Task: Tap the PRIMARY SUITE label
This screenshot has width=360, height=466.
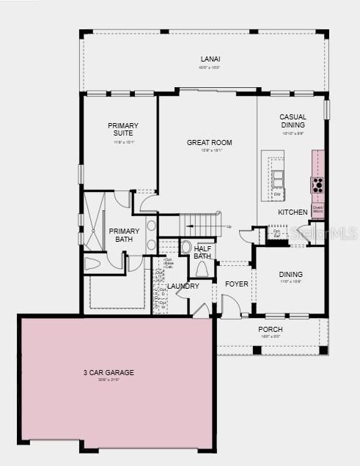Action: pyautogui.click(x=122, y=130)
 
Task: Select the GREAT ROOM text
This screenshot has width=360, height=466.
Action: pyautogui.click(x=209, y=142)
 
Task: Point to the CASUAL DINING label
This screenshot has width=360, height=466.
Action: pyautogui.click(x=293, y=121)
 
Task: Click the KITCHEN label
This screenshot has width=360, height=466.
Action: pyautogui.click(x=293, y=212)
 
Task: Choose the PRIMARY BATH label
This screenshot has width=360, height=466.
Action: pyautogui.click(x=124, y=235)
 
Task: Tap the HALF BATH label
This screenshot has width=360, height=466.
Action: pyautogui.click(x=203, y=252)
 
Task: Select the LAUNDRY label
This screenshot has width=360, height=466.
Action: pyautogui.click(x=183, y=286)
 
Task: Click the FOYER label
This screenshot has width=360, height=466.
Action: pyautogui.click(x=236, y=284)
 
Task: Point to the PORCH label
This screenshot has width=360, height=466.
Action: pyautogui.click(x=270, y=330)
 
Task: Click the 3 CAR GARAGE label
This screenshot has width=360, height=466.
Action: pyautogui.click(x=108, y=372)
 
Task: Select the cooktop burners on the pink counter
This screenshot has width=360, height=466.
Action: pyautogui.click(x=317, y=184)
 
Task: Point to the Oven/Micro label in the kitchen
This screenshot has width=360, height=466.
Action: pyautogui.click(x=317, y=210)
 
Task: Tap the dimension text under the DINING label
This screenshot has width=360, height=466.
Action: pyautogui.click(x=291, y=281)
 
